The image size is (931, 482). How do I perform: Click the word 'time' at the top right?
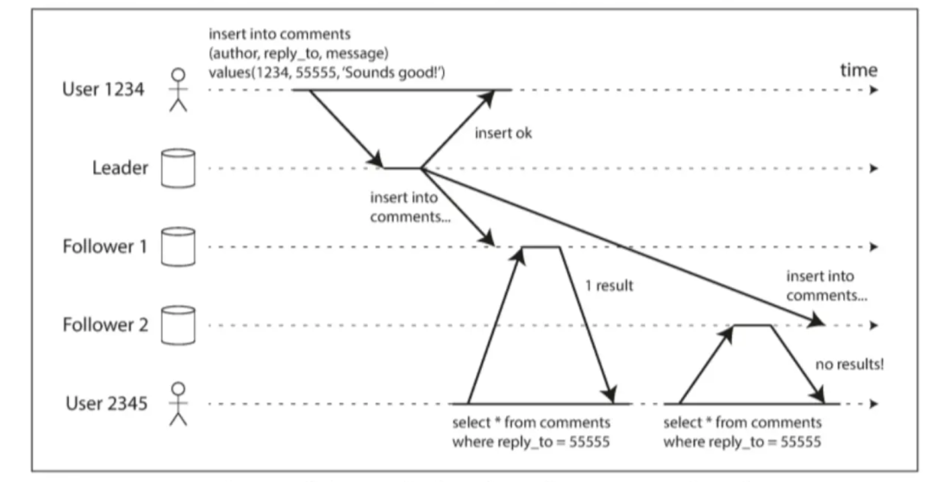(x=858, y=70)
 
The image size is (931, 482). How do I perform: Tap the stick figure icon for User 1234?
(x=178, y=91)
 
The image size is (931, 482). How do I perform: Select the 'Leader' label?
(x=120, y=168)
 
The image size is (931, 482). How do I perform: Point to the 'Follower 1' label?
(x=105, y=247)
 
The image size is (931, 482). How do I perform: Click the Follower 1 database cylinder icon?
(x=178, y=247)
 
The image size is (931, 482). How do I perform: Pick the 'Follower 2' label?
(x=105, y=326)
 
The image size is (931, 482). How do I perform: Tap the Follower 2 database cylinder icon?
(x=178, y=325)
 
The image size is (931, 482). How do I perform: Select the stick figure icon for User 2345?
(x=178, y=404)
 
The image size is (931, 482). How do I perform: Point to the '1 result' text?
(x=603, y=285)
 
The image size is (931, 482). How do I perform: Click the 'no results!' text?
(x=851, y=364)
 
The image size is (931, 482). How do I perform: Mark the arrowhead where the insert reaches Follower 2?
(x=818, y=322)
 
